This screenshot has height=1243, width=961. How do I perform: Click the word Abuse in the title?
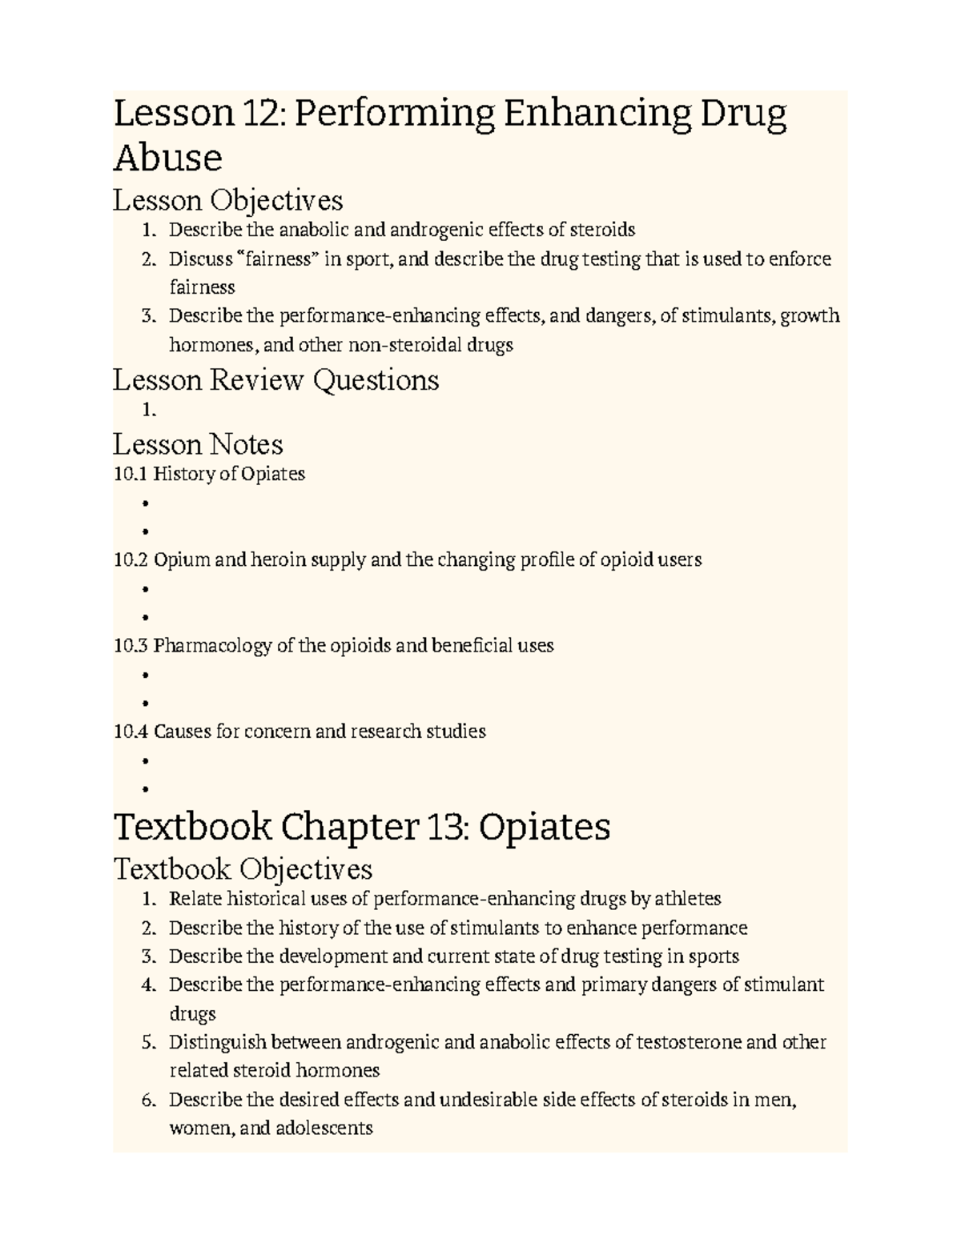click(x=167, y=158)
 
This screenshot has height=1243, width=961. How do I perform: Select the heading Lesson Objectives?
click(x=227, y=199)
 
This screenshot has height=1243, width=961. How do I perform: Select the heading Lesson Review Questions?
click(x=275, y=379)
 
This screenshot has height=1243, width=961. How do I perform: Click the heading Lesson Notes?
click(x=198, y=444)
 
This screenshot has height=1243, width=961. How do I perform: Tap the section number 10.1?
click(x=130, y=474)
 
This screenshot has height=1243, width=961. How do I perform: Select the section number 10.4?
click(x=131, y=731)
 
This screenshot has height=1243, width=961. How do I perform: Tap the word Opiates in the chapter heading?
click(x=545, y=827)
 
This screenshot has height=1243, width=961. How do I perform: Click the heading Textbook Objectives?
click(x=243, y=868)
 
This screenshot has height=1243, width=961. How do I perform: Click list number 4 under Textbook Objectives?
click(x=147, y=985)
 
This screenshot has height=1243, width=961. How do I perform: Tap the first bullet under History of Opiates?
click(x=145, y=503)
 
